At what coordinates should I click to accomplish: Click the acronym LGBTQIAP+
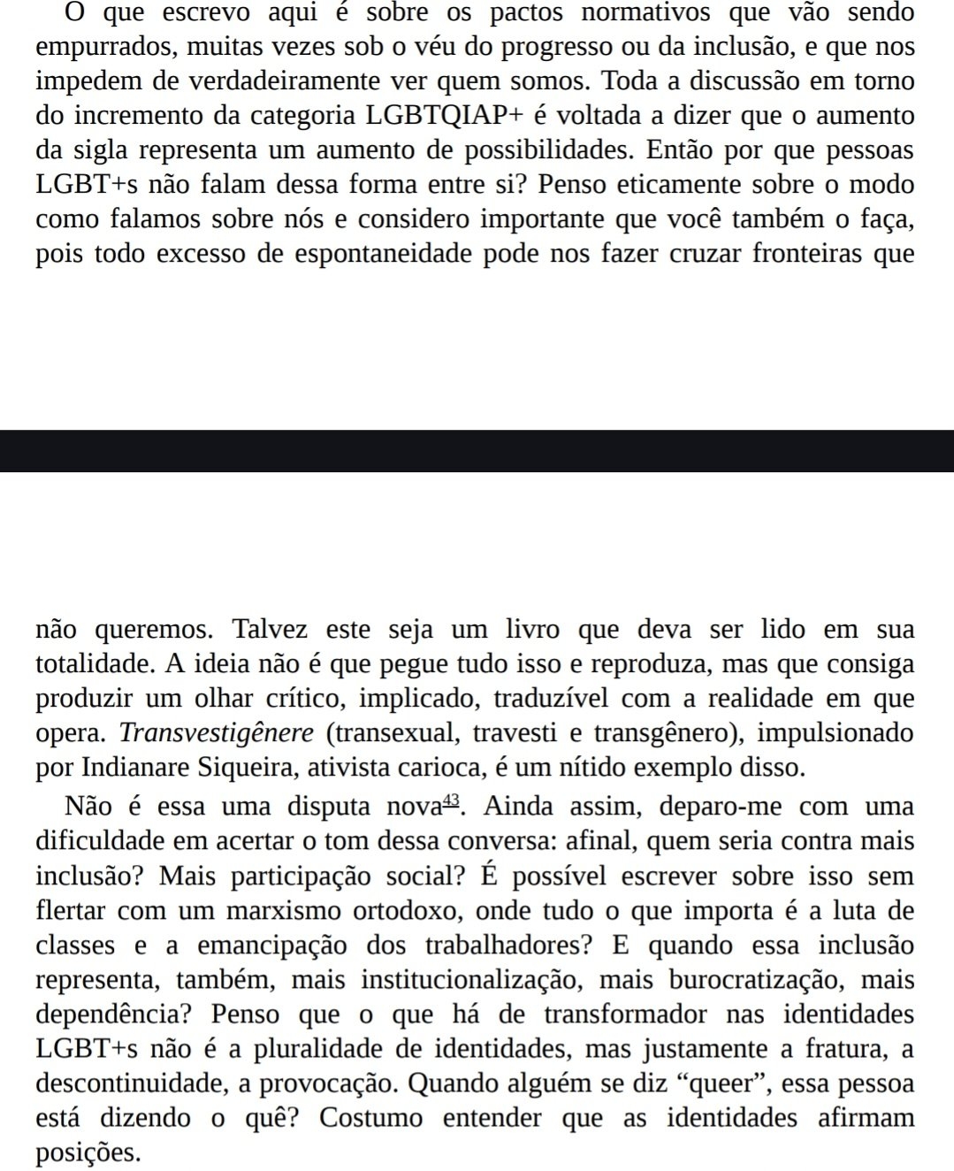coord(452,117)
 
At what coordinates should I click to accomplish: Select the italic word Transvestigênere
coord(217,734)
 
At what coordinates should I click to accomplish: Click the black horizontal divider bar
coord(477,451)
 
